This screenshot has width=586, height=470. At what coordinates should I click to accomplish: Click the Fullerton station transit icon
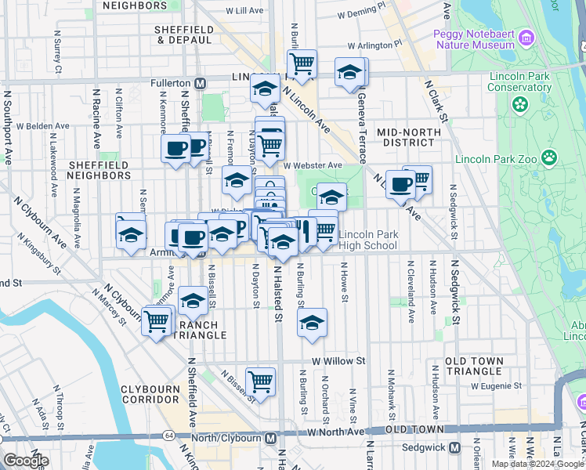[x=201, y=83]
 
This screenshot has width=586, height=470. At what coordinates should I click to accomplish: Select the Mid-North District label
[x=405, y=137]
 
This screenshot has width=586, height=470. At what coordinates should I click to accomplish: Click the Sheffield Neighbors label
[x=99, y=170]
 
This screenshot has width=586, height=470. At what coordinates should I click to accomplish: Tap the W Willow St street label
[x=338, y=361]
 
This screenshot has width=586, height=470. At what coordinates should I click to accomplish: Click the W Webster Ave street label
[x=313, y=165]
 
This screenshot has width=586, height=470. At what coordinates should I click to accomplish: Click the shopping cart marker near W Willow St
[x=260, y=381]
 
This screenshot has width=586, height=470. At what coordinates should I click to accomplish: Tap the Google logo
[x=25, y=460]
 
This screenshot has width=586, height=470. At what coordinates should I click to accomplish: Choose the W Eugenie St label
[x=496, y=385]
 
